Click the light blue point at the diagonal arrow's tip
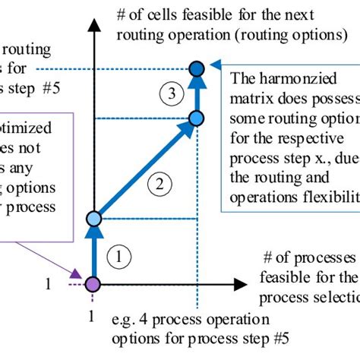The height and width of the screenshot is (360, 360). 196,118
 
